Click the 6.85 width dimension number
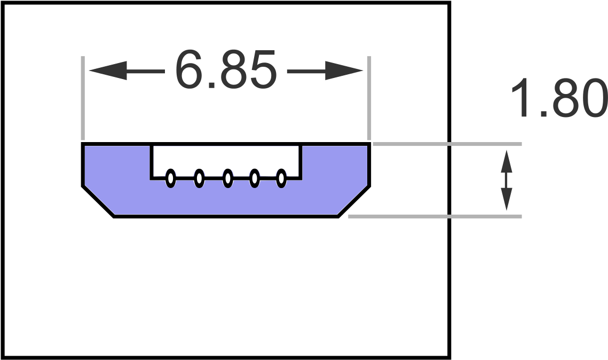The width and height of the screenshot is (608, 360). (226, 69)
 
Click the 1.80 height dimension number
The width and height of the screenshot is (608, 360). (559, 98)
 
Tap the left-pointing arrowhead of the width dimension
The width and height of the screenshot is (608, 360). (108, 71)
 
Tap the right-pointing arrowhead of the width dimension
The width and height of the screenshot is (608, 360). (344, 71)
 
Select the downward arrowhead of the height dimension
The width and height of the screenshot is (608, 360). (507, 199)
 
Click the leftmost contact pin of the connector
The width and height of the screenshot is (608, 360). (171, 178)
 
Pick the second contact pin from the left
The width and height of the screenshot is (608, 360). (199, 178)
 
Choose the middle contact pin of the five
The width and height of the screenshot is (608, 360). (228, 178)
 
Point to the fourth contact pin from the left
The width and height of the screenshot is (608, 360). (255, 178)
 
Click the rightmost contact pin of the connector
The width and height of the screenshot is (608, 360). (281, 178)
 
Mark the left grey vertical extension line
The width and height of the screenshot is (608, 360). (83, 98)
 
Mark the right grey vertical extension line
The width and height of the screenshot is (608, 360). (369, 98)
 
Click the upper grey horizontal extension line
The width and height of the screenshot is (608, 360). (447, 144)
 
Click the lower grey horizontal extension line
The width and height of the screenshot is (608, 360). (435, 216)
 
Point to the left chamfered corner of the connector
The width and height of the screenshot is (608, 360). (98, 202)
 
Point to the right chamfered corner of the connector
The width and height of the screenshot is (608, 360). (354, 202)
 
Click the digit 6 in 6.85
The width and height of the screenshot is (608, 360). (188, 69)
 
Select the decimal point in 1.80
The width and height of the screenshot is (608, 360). (543, 114)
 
